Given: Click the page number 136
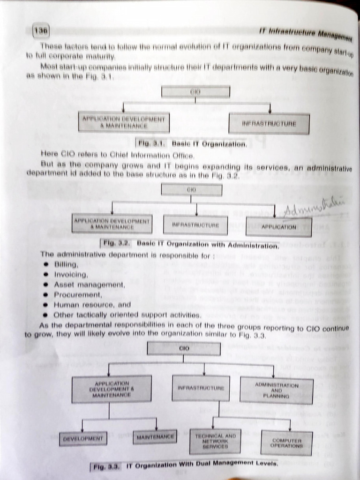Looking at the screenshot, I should (41, 31).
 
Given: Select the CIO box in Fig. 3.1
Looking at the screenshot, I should (195, 91).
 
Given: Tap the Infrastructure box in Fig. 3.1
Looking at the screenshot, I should (269, 124).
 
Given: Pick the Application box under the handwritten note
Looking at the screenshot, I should (278, 227).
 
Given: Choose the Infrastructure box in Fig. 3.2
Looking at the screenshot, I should (195, 225).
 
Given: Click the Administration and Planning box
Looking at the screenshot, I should (276, 390).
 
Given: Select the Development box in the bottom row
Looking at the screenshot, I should (83, 439).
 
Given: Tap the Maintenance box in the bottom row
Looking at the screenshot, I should (155, 437).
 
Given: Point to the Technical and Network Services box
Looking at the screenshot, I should (215, 442).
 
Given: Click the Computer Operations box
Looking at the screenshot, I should (286, 443).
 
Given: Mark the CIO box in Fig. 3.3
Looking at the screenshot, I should (184, 349).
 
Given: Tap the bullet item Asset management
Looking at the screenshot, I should (89, 285).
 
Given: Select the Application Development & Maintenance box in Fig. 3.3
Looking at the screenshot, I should (112, 389).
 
